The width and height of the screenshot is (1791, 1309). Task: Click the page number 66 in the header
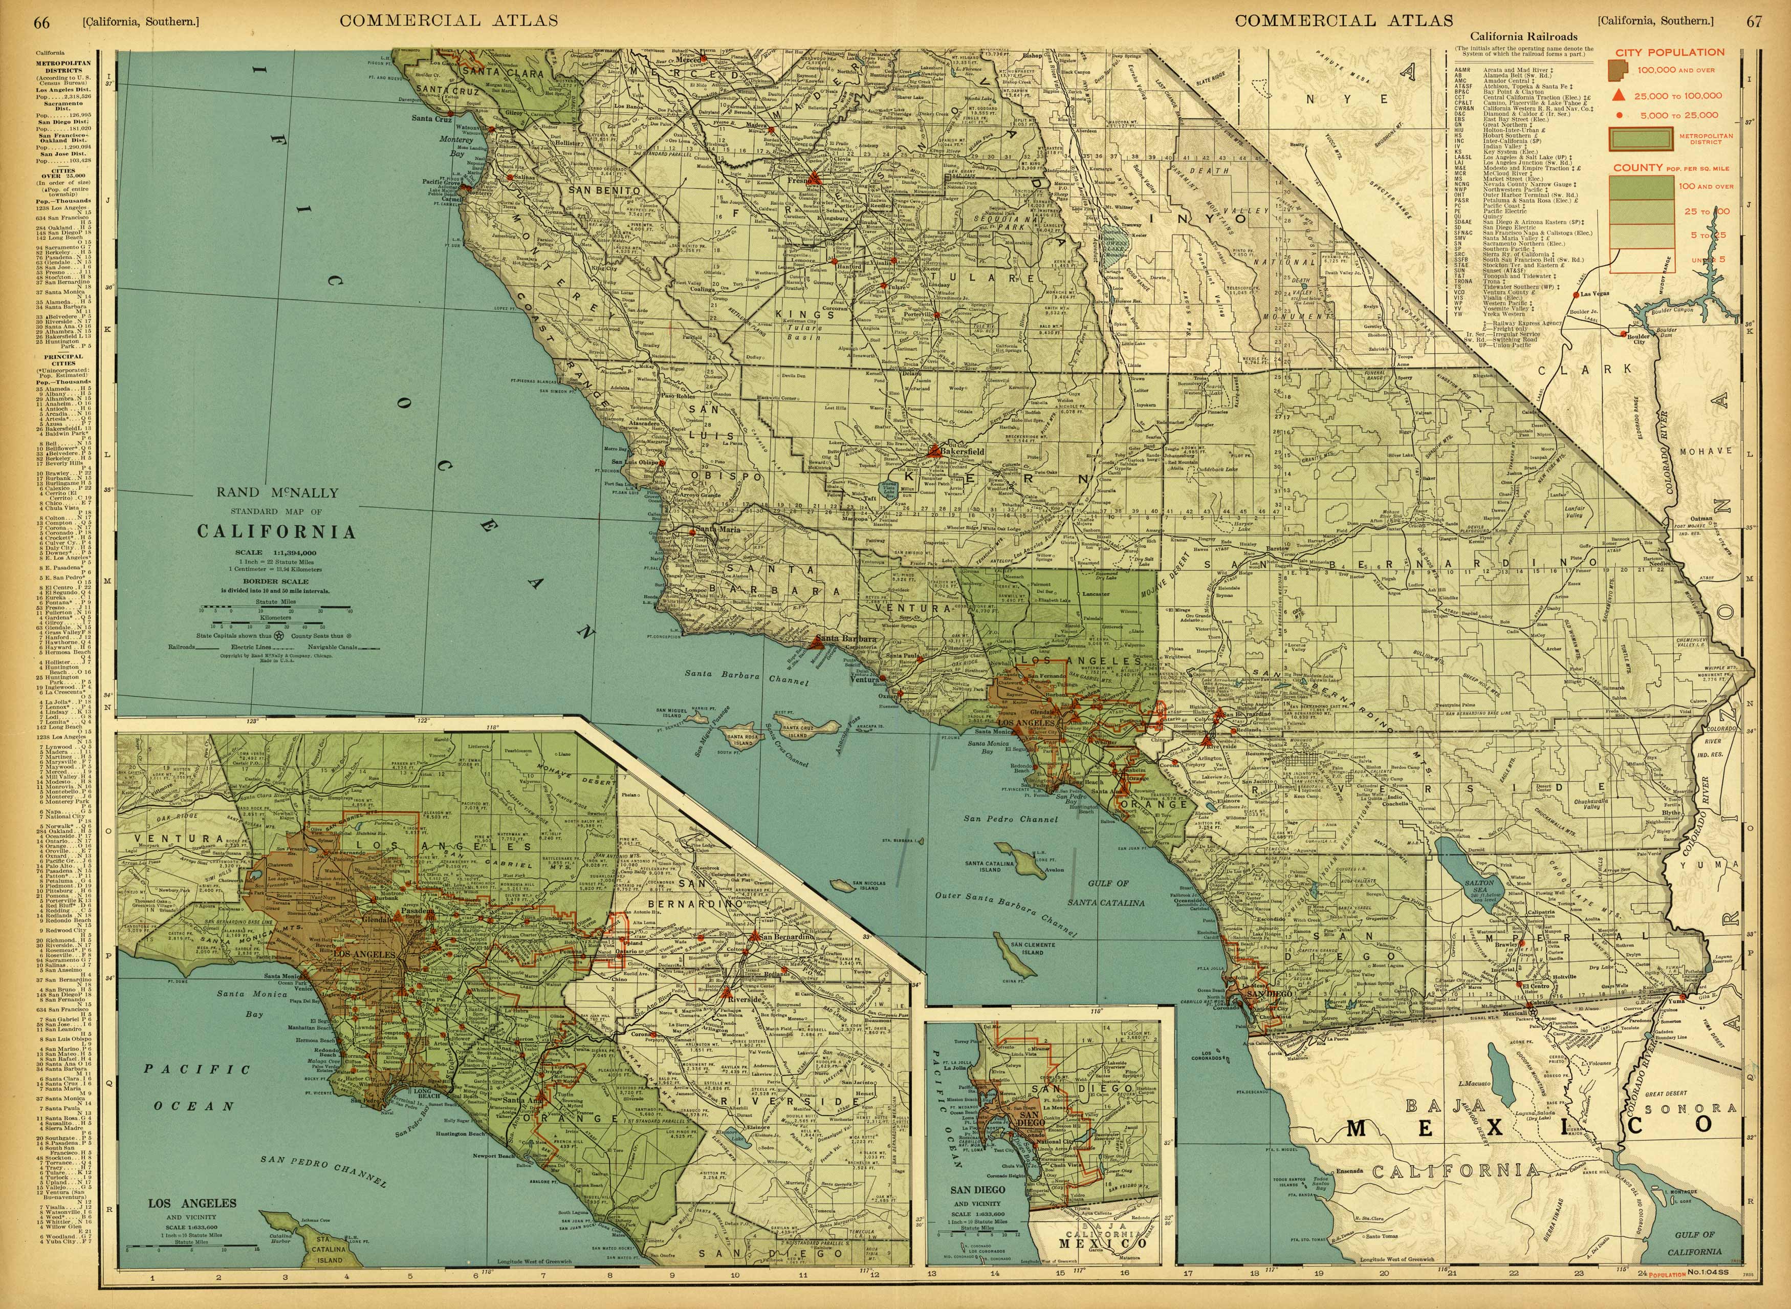[x=40, y=22]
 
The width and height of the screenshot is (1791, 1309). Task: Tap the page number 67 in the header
[x=1755, y=22]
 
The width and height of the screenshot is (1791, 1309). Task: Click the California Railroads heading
[x=1523, y=36]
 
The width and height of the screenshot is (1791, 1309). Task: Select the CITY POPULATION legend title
[x=1670, y=52]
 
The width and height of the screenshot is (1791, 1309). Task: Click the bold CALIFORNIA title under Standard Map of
[x=276, y=532]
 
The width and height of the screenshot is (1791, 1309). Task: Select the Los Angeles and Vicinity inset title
[x=192, y=1204]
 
